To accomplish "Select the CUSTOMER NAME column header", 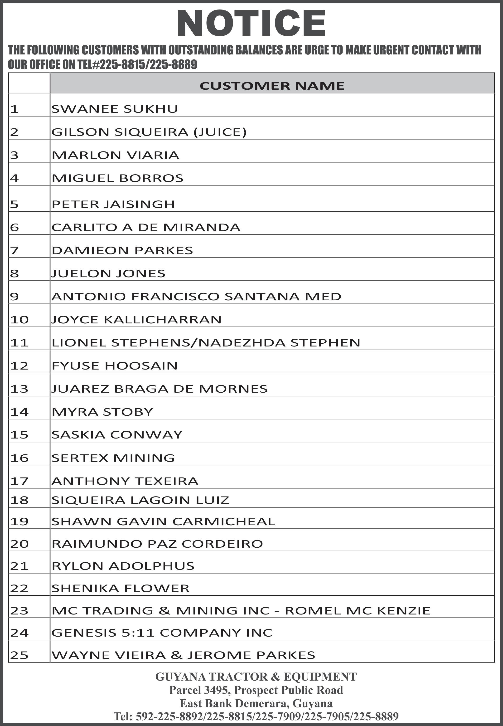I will (x=272, y=86).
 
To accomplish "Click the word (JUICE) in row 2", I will (x=220, y=132).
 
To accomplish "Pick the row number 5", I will (x=15, y=205).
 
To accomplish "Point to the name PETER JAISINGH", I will (x=113, y=204).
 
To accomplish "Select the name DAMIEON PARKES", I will (x=122, y=251).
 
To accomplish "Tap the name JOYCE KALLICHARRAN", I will (x=136, y=320).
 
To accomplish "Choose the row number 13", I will (x=19, y=389).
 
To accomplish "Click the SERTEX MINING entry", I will (x=113, y=458).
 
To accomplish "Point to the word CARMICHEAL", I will (x=224, y=522).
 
